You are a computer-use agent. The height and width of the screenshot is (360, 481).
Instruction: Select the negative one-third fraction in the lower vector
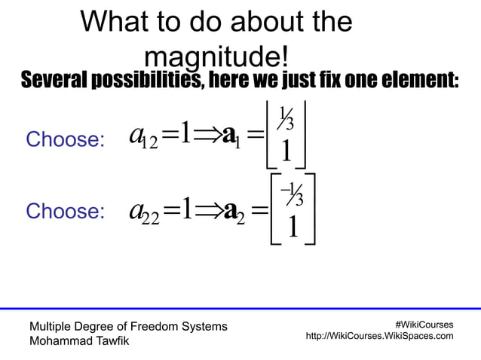(x=292, y=195)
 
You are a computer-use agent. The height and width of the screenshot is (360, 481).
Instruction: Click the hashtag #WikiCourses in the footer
(x=424, y=325)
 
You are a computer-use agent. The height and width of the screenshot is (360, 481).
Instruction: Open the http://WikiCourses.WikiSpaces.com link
(x=379, y=336)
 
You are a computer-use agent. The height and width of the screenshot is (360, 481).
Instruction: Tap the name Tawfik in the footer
(x=109, y=340)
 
